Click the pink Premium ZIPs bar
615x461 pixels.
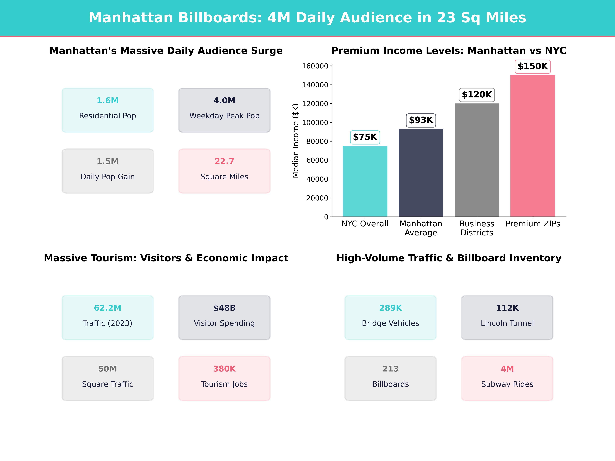click(x=532, y=146)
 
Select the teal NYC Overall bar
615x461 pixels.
click(x=365, y=181)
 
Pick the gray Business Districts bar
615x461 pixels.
click(x=476, y=160)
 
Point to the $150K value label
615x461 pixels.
click(x=532, y=66)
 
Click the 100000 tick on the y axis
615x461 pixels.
click(x=315, y=123)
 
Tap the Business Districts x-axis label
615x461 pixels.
click(x=476, y=228)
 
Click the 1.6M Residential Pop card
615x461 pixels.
click(x=108, y=110)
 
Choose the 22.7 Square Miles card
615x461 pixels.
click(x=224, y=171)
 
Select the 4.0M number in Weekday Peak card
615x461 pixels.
click(x=224, y=101)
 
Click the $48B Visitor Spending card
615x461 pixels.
click(x=224, y=317)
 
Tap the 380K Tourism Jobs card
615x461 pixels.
click(x=224, y=378)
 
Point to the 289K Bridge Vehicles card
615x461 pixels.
click(x=390, y=317)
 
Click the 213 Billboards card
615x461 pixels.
click(x=390, y=378)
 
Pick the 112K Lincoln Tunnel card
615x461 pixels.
click(x=507, y=317)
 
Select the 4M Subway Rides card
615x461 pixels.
click(x=507, y=378)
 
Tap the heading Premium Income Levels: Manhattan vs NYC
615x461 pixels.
click(x=449, y=51)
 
